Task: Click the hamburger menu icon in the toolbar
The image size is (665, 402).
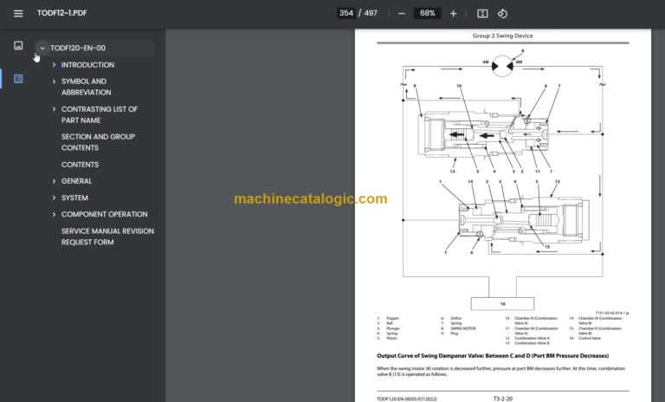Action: click(x=18, y=13)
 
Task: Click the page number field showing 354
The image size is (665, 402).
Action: click(x=346, y=13)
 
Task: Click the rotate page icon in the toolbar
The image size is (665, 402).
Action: click(x=502, y=13)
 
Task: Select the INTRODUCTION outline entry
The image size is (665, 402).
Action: click(x=87, y=65)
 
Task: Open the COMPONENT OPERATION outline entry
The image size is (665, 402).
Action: click(x=104, y=214)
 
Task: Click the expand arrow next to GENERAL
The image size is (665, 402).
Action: click(x=54, y=181)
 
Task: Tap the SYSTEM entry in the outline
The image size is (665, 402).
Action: click(x=74, y=198)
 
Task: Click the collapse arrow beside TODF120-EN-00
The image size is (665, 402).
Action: click(x=42, y=49)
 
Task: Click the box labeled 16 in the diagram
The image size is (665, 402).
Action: click(x=501, y=304)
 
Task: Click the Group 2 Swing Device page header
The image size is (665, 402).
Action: click(x=502, y=36)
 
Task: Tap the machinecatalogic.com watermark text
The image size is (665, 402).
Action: click(x=310, y=199)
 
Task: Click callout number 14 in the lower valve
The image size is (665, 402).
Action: click(x=471, y=181)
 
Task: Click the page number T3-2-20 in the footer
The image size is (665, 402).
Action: click(x=504, y=399)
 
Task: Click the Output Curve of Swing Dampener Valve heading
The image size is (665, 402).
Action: click(x=492, y=356)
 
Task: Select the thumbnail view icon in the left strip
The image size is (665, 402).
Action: click(x=18, y=45)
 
